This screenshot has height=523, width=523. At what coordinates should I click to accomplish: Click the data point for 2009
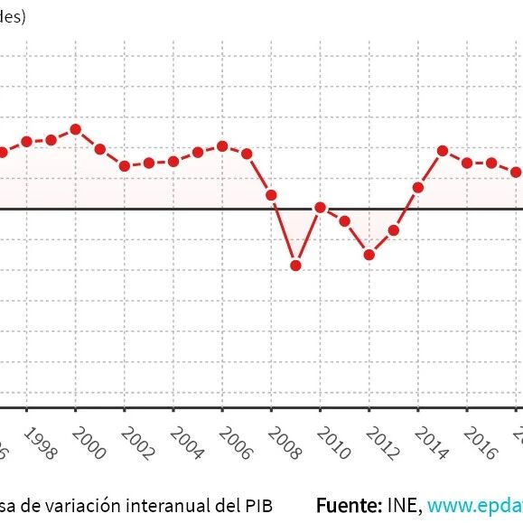pos(295,266)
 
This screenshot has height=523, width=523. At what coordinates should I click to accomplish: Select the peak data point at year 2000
pos(76,129)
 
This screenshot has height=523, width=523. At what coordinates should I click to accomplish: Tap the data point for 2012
pos(369,255)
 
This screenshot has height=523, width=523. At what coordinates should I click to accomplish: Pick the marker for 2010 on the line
pos(320,208)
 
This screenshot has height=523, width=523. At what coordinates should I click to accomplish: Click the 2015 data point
pos(443,151)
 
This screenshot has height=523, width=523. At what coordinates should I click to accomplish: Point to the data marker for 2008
pos(271,195)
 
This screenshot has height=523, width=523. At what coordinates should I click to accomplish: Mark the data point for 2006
pos(222,146)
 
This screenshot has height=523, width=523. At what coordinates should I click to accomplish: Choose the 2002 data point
pos(125,166)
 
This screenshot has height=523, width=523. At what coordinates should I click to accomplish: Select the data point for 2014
pos(418,188)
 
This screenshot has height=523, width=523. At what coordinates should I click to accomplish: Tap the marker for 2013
pos(394,230)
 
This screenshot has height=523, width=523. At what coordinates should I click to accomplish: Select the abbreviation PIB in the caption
pos(257,504)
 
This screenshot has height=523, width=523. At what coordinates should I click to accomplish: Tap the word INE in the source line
pos(403,503)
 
